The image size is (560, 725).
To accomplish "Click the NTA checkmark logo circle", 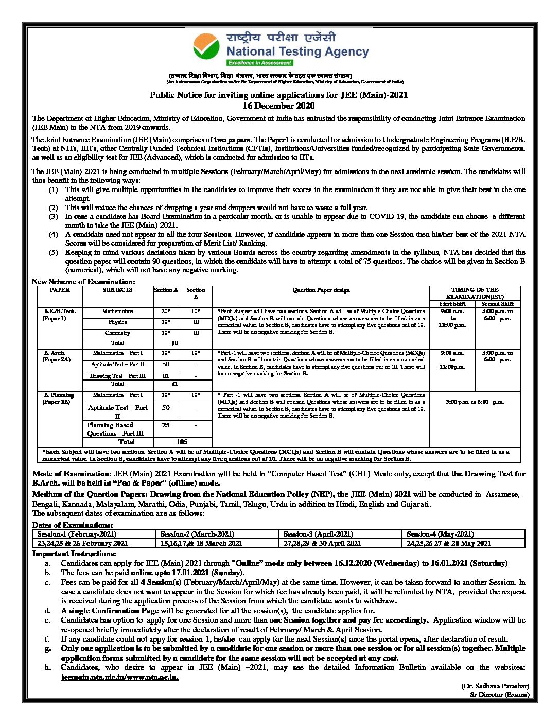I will tap(206, 46).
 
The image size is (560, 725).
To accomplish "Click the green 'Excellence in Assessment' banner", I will tap(260, 63).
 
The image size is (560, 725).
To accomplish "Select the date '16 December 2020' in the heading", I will tap(278, 106).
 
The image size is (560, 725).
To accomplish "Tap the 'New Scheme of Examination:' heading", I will tap(83, 281).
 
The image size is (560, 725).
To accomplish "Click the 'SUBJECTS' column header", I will tap(117, 290).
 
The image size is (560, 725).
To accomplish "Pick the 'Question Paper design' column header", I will tap(321, 290).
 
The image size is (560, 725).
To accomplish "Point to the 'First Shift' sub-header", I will tap(452, 304).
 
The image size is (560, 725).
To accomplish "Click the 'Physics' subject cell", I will tap(117, 322).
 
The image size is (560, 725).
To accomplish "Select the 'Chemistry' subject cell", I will tap(117, 333).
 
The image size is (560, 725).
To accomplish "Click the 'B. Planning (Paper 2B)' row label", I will tap(58, 399).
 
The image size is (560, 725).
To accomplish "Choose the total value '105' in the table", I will tap(182, 442).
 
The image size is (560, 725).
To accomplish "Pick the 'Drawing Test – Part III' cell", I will tap(117, 376).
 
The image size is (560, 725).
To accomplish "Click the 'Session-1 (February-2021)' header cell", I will tap(77, 534).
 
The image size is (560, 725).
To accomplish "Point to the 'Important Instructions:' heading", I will tap(74, 554).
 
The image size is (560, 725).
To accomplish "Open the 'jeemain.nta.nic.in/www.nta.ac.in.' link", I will tap(120, 677).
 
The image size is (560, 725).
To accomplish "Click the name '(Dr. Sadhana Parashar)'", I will tap(495, 686).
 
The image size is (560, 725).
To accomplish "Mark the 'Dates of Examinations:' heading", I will tap(73, 525).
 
